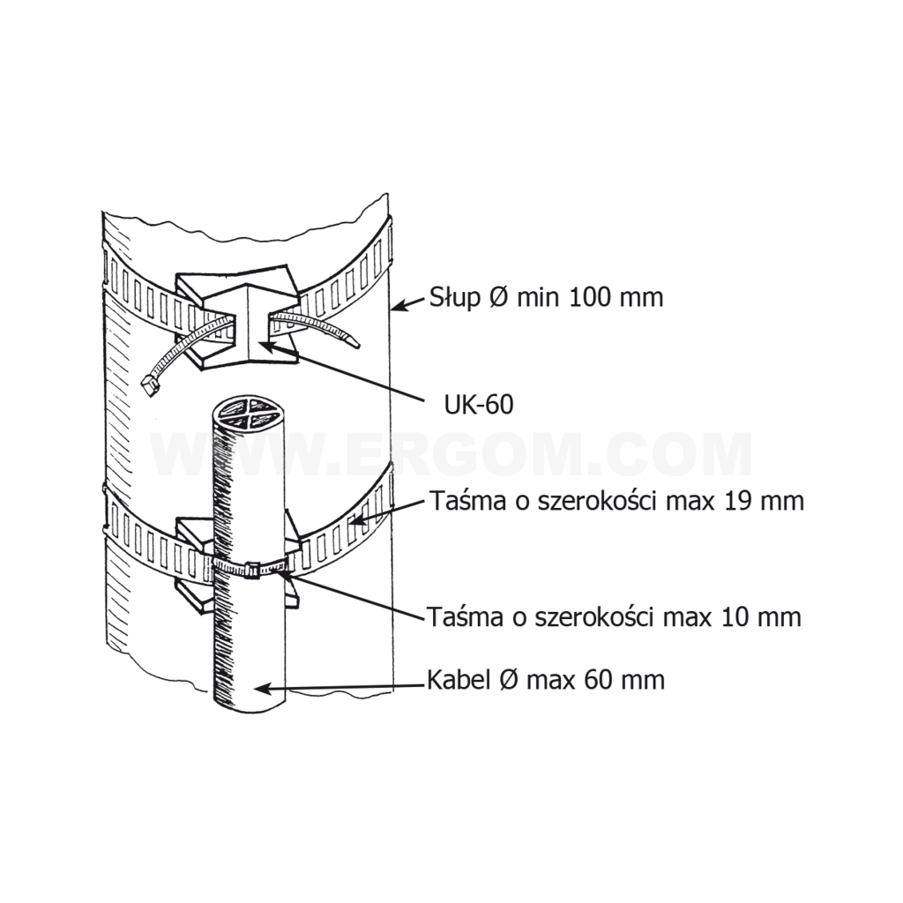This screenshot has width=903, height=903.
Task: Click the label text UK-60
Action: tap(479, 406)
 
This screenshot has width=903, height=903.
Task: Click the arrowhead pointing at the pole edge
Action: tap(400, 305)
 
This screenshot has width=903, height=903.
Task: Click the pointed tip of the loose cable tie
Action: tap(357, 346)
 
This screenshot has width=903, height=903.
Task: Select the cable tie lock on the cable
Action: tap(251, 571)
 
